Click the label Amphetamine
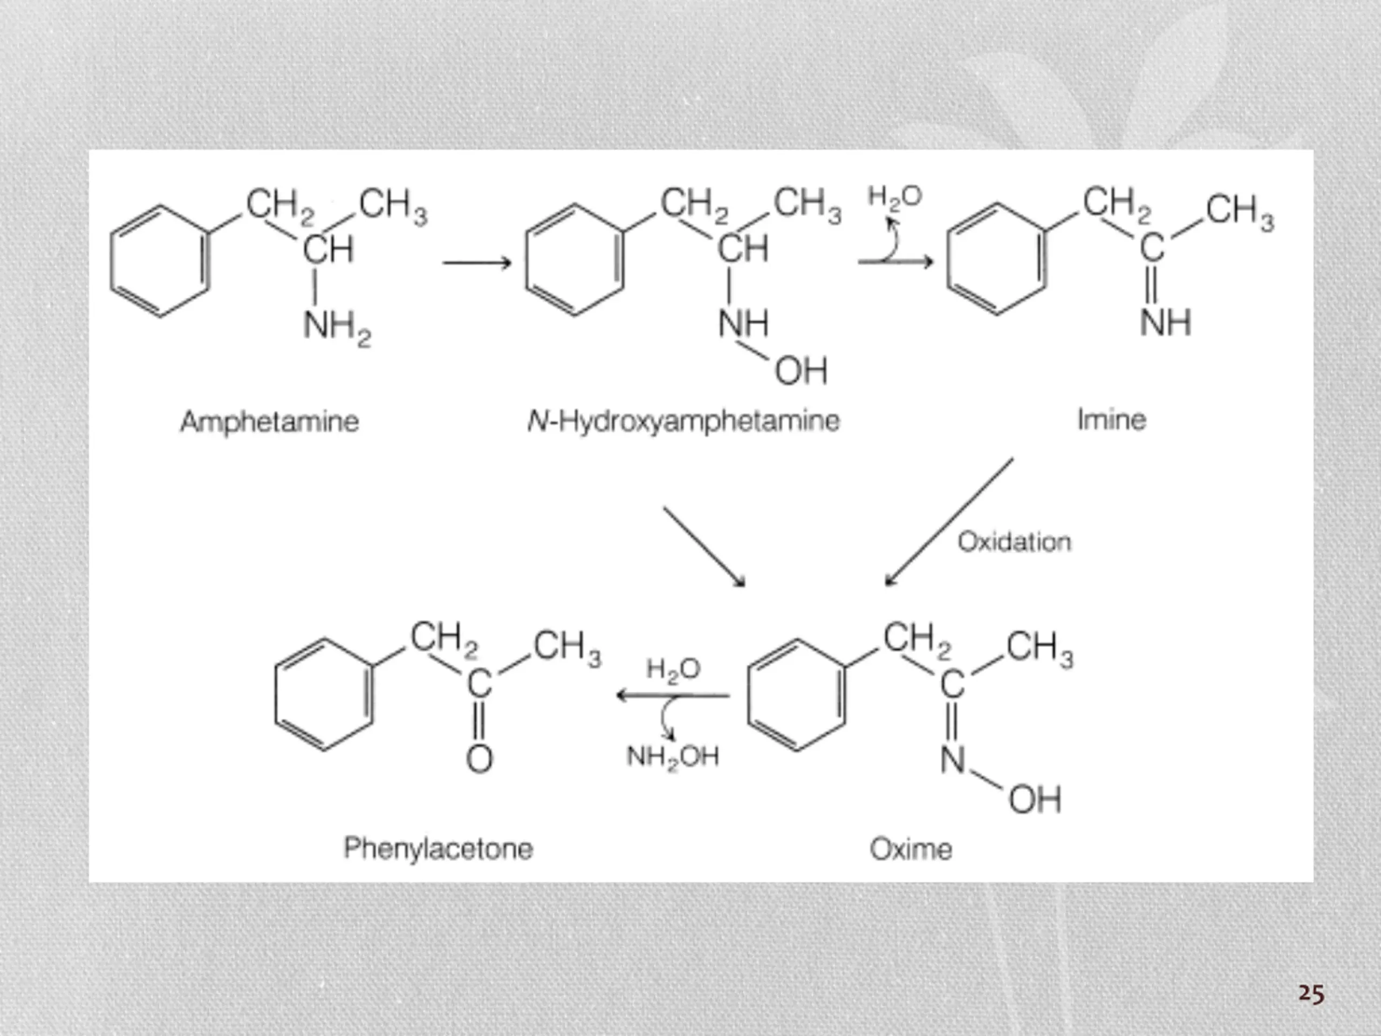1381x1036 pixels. pyautogui.click(x=270, y=421)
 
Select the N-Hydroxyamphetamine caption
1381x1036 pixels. pyautogui.click(x=683, y=421)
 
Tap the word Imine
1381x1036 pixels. pyautogui.click(x=1112, y=420)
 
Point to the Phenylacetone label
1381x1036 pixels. pyautogui.click(x=438, y=849)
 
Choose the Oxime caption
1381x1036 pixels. pyautogui.click(x=911, y=849)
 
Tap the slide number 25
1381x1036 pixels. pyautogui.click(x=1311, y=993)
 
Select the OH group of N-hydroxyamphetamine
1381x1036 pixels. pyautogui.click(x=801, y=371)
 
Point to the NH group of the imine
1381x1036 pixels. pyautogui.click(x=1166, y=323)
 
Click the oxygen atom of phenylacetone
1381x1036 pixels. pyautogui.click(x=480, y=759)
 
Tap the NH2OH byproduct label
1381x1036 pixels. pyautogui.click(x=672, y=757)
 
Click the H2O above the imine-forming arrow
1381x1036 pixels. pyautogui.click(x=894, y=197)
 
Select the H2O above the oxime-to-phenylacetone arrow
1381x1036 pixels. pyautogui.click(x=673, y=670)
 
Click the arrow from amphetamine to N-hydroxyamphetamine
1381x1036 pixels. pyautogui.click(x=477, y=263)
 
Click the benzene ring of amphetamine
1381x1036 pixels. pyautogui.click(x=160, y=261)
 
